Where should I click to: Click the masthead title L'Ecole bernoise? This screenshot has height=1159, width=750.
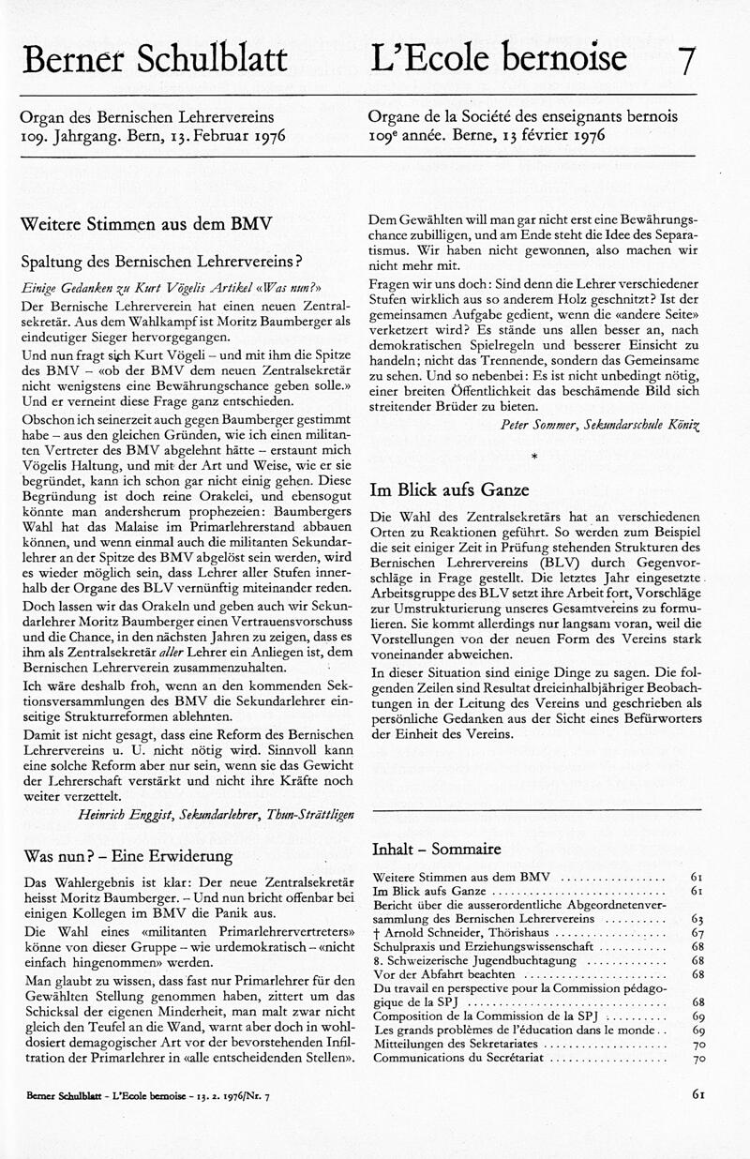coord(499,58)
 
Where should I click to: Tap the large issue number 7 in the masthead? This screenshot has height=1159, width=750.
coord(686,60)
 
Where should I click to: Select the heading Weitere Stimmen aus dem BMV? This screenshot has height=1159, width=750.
coord(146,225)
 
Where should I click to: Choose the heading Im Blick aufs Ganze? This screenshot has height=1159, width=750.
coord(450,489)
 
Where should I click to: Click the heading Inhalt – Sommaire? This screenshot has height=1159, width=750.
coord(436,850)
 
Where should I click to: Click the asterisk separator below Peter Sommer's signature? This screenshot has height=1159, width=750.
coord(533,456)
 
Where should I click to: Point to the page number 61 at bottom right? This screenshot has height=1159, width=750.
coord(697,1093)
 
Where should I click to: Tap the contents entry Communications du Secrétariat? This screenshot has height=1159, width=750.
coord(460,1059)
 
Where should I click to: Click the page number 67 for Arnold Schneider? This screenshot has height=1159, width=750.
coord(697,934)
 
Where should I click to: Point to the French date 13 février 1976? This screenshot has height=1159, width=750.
coord(551,135)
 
